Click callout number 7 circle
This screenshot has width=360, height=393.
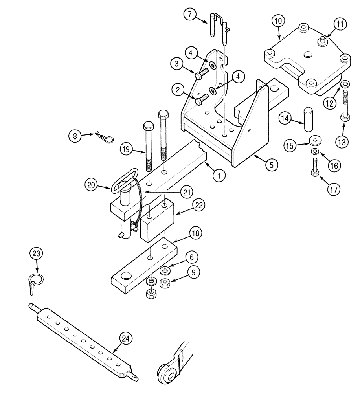point(190,14)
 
